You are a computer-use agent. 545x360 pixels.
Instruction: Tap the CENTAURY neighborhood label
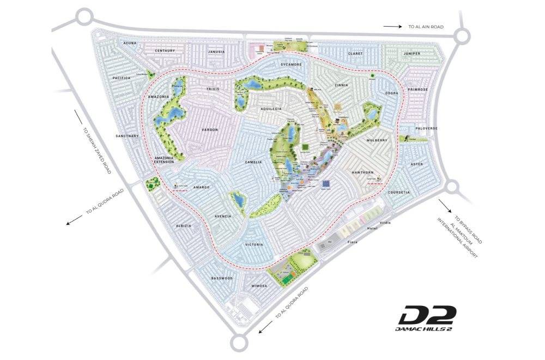(165, 51)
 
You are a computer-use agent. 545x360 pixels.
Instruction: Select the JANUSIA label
(216, 52)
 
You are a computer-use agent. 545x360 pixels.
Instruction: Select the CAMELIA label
(253, 162)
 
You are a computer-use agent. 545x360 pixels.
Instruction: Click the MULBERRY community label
(377, 140)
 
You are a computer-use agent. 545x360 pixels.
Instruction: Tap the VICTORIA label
(255, 244)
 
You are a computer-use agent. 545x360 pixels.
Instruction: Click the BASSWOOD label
(222, 278)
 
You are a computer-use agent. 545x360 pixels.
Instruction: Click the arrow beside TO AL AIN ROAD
(391, 26)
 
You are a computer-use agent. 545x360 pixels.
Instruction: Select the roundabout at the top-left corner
(84, 17)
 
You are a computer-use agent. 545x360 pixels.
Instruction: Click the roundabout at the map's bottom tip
(239, 343)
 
